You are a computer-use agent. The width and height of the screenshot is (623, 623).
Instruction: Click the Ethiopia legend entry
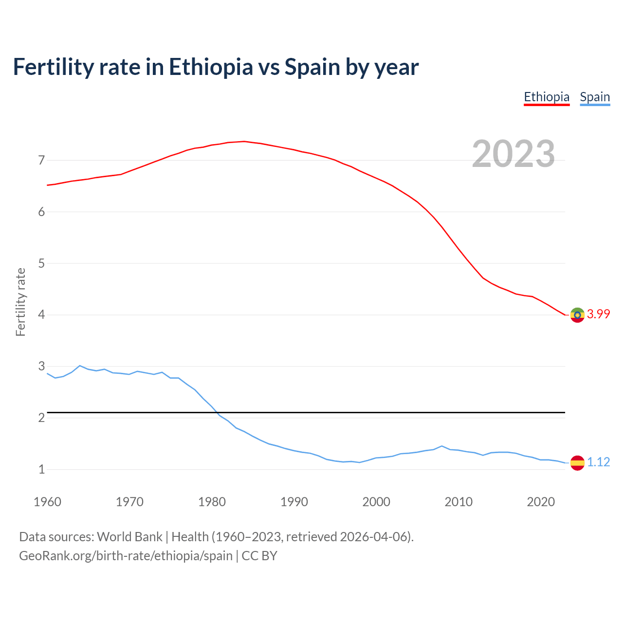(x=547, y=97)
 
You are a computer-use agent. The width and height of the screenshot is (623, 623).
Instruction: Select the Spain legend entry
(x=595, y=97)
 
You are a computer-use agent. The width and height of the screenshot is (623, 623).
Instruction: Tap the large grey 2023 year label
(x=513, y=154)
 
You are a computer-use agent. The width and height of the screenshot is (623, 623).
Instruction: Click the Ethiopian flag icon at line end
(x=577, y=315)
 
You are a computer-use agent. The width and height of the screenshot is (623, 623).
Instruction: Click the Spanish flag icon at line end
(x=577, y=462)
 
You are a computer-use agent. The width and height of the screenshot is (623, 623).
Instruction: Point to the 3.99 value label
(x=598, y=314)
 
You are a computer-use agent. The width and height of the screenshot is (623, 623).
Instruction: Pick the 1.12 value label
(x=598, y=462)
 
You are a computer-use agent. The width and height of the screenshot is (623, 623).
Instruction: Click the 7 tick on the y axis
(x=41, y=160)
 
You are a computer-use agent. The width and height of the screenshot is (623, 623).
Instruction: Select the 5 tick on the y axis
(x=41, y=263)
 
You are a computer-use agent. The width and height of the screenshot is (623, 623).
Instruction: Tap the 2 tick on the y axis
(x=41, y=418)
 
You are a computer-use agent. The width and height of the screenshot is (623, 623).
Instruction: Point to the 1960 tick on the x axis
(x=47, y=502)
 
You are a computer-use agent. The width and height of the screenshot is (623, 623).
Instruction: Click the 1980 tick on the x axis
(x=212, y=502)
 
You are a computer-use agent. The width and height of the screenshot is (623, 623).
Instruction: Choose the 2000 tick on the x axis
(x=376, y=502)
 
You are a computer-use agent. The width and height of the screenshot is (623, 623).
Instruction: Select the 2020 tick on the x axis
(x=541, y=502)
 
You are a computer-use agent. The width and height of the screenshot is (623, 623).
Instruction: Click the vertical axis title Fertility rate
(x=20, y=302)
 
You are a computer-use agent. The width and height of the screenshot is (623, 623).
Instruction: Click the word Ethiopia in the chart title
(x=211, y=67)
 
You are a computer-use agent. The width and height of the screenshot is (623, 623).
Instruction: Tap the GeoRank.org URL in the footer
(x=126, y=556)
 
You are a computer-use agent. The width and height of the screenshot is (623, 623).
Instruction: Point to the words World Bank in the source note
(x=129, y=537)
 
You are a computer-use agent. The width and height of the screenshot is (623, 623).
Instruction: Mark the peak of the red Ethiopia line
(x=244, y=141)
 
